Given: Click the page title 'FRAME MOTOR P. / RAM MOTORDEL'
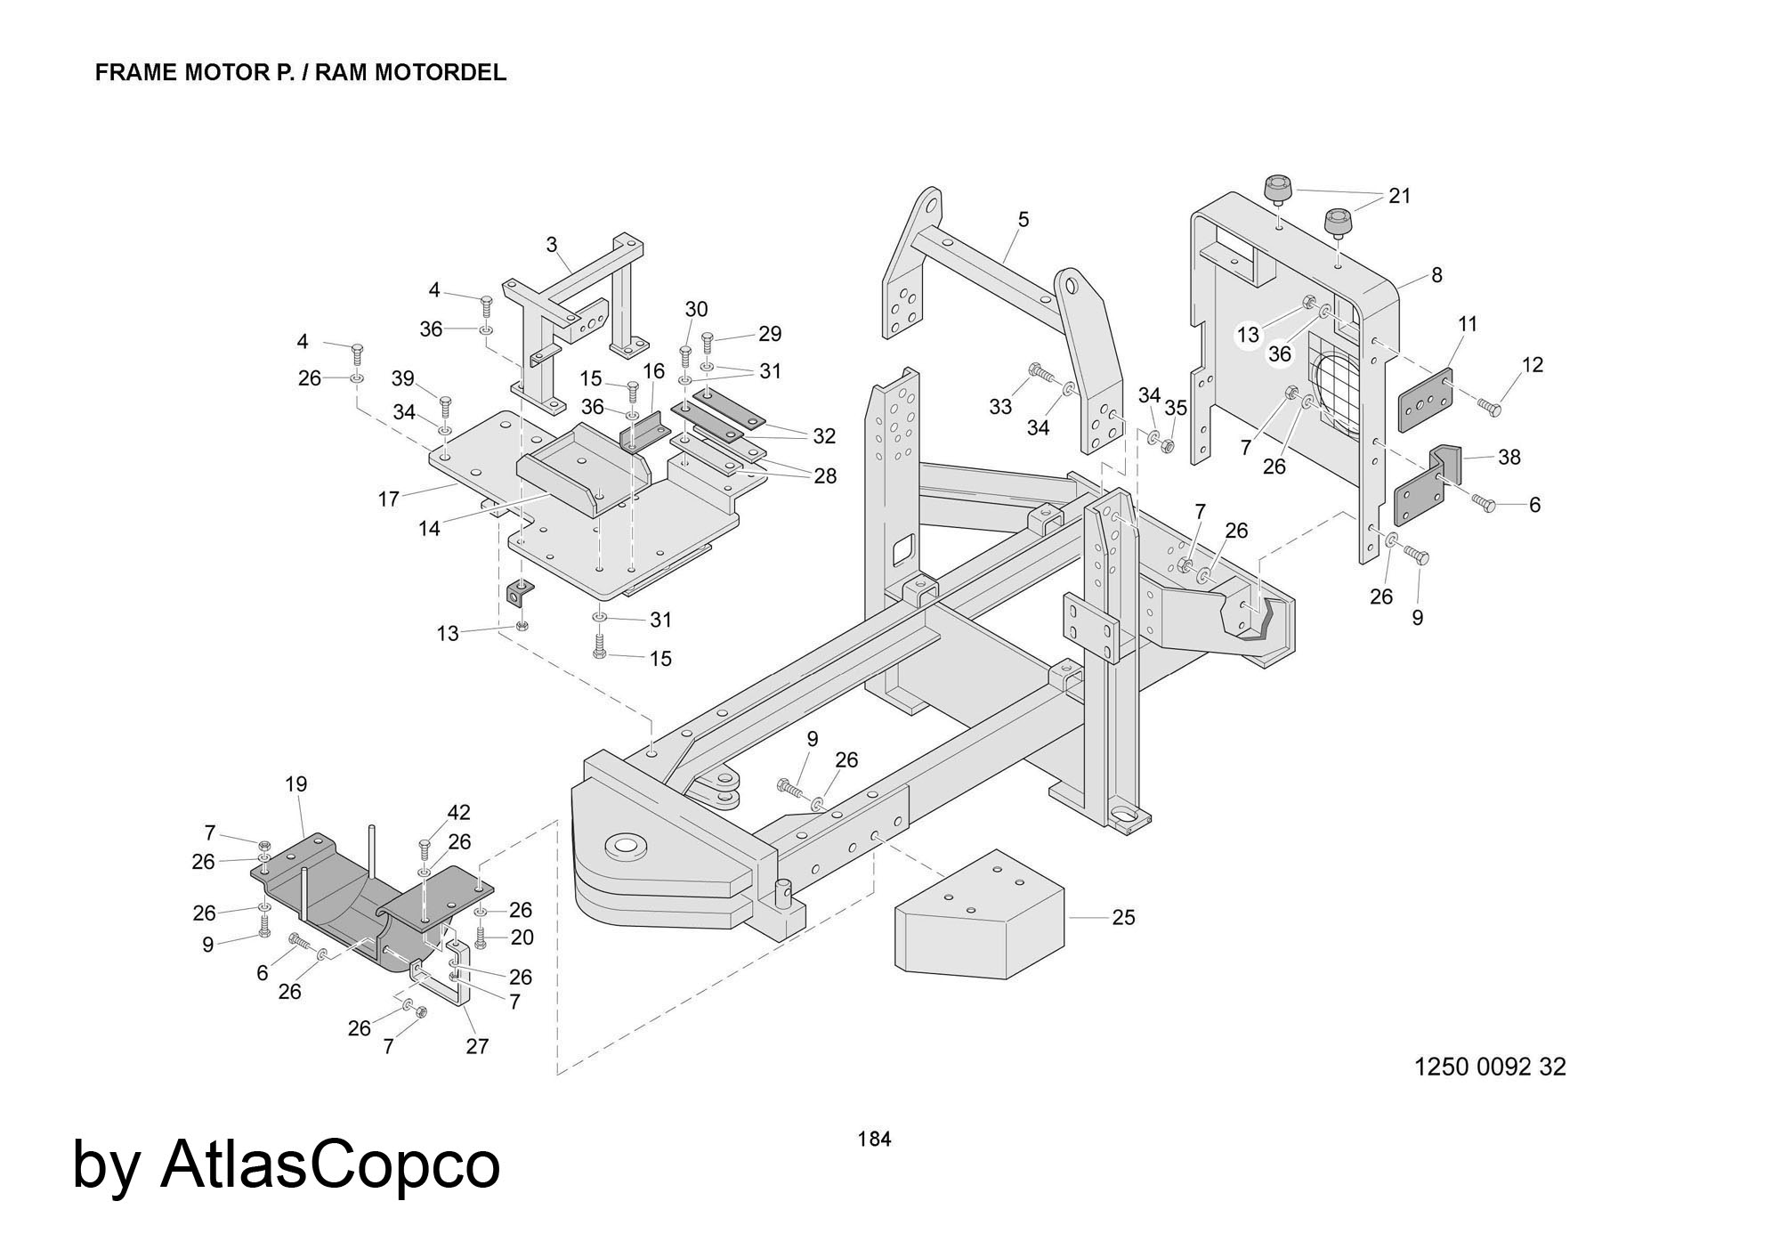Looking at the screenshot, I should pos(300,73).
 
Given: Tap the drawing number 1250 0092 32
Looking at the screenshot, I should pos(1490,1067).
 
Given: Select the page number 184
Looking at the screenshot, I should pos(874,1139).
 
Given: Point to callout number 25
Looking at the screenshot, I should pos(1123,917).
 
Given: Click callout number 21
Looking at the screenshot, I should pos(1400,196).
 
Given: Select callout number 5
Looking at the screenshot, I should pos(1023,219).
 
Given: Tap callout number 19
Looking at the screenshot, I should pos(296,784).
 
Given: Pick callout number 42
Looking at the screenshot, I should pos(459,813).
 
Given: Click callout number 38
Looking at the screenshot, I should pos(1509,458).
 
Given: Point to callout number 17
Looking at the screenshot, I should pos(388,499).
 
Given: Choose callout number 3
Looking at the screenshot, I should pos(552,244).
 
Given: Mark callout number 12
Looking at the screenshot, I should pos(1533,365).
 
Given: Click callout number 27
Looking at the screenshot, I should pos(477,1046).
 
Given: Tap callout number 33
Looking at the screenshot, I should pos(1000,407).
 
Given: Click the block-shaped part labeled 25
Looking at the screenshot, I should pos(979,917).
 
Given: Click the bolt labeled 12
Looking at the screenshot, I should pos(1489,407).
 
